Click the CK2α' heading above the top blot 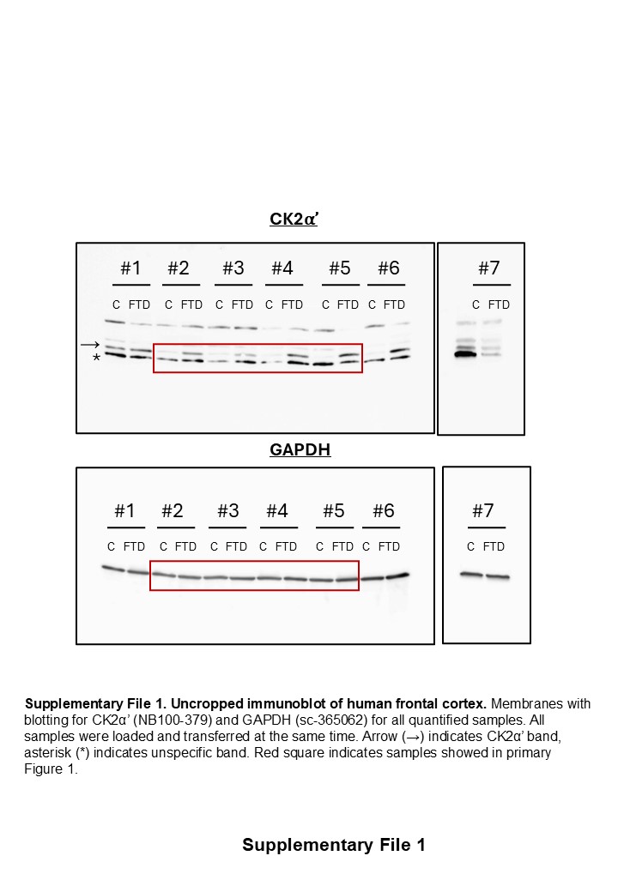coord(294,220)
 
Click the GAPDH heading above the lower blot coord(300,449)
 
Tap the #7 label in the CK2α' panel coord(488,268)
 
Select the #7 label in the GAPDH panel coord(483,511)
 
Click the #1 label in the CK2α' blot coord(130,268)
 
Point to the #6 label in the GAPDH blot coord(383,511)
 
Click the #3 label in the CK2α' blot coord(233,268)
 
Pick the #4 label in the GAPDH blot coord(277,511)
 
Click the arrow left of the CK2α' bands coord(90,345)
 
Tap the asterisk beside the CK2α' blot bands coord(96,359)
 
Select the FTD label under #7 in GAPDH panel coord(494,546)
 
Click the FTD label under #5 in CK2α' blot coord(348,304)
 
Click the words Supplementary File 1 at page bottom coord(333,845)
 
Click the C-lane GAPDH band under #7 coord(470,575)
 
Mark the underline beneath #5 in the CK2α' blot coord(341,285)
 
